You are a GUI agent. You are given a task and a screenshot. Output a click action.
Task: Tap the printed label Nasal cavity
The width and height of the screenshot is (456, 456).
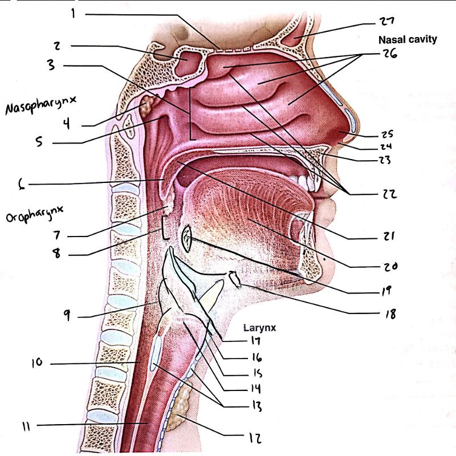point(408,39)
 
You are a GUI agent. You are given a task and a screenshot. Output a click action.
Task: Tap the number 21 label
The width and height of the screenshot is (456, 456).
point(388,236)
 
